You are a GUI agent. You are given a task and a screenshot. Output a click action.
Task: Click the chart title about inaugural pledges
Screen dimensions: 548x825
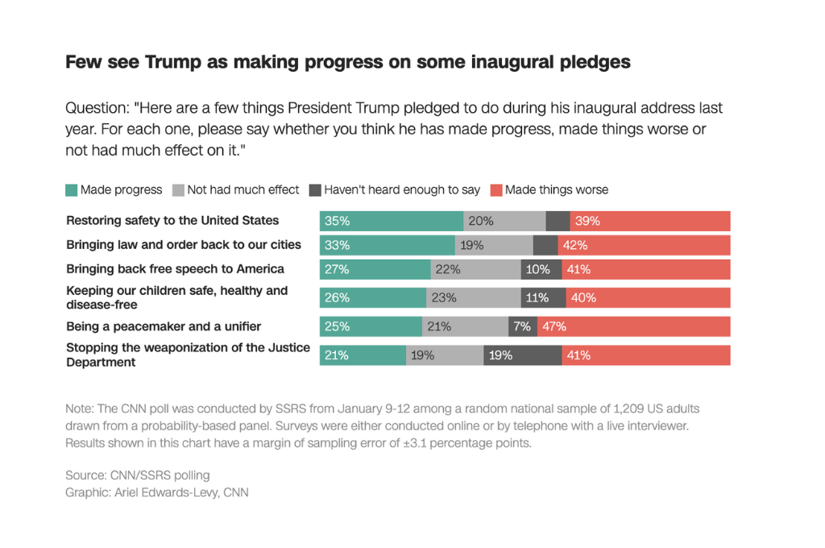347,62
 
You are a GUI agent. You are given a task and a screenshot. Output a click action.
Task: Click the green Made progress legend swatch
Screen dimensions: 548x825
72,190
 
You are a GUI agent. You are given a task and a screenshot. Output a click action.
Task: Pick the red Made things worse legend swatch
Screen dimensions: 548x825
496,190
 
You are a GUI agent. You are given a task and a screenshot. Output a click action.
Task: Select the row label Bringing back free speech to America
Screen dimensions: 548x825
175,268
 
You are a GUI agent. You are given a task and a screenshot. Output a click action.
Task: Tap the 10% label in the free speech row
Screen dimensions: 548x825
537,269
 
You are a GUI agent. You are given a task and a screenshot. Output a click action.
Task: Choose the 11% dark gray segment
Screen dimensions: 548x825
537,297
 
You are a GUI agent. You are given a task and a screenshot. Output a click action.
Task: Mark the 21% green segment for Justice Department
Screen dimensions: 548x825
363,355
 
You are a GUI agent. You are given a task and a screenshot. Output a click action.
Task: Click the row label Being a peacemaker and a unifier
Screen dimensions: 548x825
164,326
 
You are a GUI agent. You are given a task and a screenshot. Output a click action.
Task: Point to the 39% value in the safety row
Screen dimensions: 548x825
587,221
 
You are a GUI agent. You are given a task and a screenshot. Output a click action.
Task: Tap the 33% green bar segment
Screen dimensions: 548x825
387,245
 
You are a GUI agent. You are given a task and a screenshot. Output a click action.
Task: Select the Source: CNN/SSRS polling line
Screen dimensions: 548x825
137,475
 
